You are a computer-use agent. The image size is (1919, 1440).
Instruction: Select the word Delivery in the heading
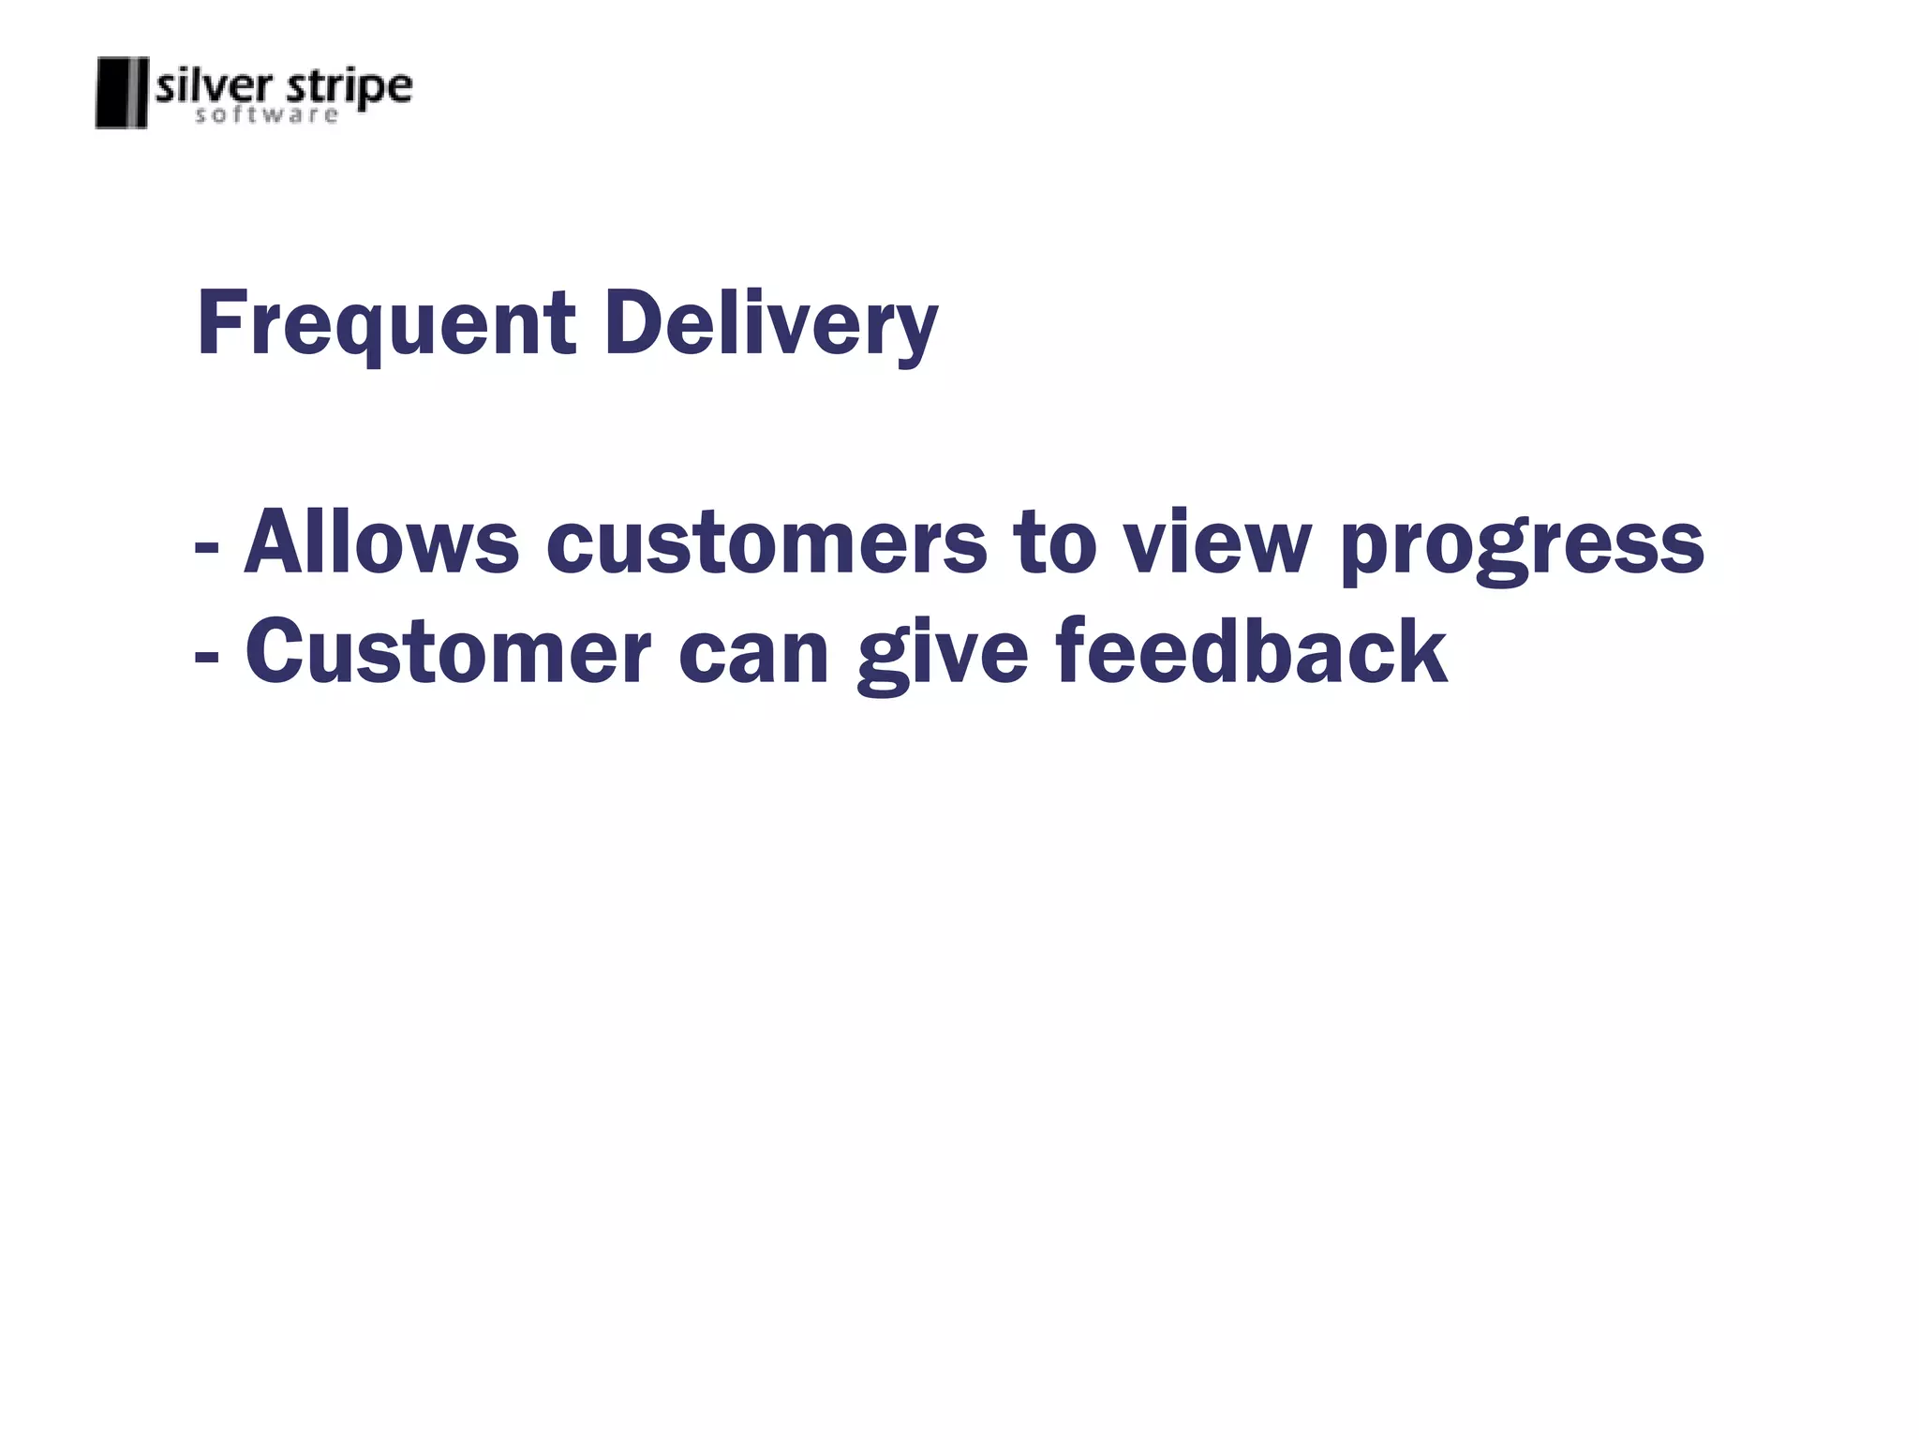770,324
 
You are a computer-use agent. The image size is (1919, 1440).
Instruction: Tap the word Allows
380,542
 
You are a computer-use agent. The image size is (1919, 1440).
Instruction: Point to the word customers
766,544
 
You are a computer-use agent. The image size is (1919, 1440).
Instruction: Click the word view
1216,542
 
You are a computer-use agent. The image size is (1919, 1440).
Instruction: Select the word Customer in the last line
448,652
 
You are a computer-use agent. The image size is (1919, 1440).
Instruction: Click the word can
753,654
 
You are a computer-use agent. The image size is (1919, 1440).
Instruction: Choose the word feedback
1251,652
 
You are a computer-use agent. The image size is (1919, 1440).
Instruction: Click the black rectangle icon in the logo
122,93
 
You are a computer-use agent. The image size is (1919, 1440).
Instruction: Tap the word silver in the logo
215,87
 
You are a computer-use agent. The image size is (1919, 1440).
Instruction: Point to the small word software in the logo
266,115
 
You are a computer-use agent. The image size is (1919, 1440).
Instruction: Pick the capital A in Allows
274,542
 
